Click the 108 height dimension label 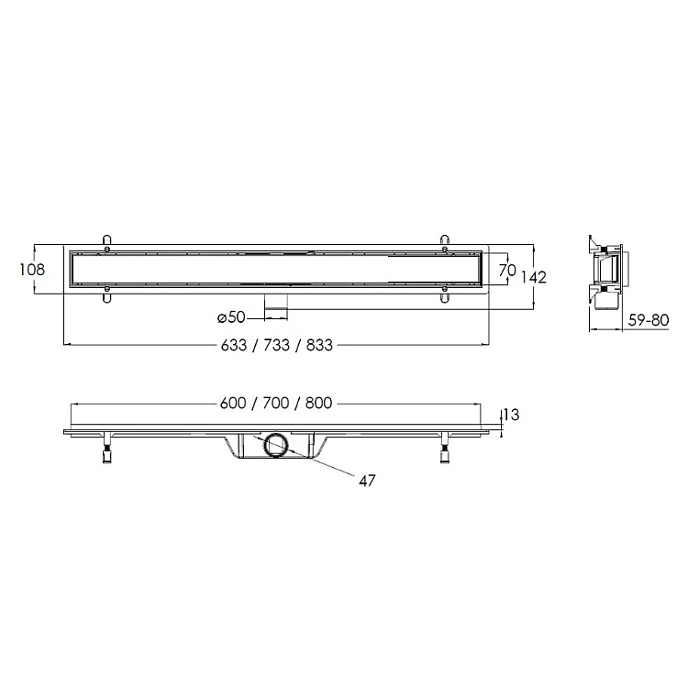click(x=32, y=270)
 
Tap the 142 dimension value click(x=534, y=277)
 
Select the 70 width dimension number click(x=507, y=271)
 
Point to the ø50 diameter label click(x=232, y=317)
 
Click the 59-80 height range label click(x=649, y=320)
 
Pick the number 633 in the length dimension click(x=234, y=345)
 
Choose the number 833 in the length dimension click(x=319, y=345)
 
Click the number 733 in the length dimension click(x=276, y=345)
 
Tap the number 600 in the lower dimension click(x=233, y=404)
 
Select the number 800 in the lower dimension click(x=318, y=404)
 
